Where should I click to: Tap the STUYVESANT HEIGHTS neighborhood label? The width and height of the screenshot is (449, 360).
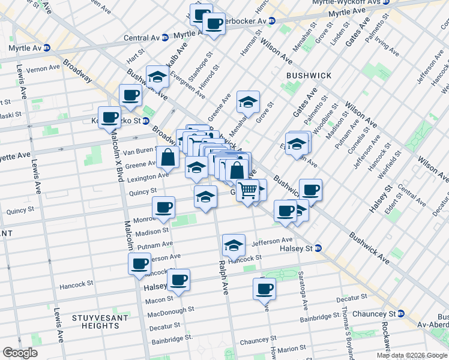[95, 321]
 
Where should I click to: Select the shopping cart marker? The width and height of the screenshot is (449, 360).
[248, 191]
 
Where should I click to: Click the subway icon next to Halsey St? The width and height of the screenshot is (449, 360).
[318, 248]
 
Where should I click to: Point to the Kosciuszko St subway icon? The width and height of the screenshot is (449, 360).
[146, 120]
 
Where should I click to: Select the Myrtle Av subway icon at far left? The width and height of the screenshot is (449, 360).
[46, 47]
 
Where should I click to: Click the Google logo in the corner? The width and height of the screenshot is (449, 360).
[20, 352]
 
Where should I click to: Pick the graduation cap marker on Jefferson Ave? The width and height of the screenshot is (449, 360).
[234, 245]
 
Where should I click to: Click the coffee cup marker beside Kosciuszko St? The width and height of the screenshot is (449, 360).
[109, 118]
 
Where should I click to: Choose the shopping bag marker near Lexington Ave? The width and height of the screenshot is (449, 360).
[168, 158]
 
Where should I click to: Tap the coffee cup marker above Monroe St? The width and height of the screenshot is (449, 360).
[163, 208]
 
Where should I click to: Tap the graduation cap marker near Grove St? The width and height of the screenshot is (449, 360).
[247, 103]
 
